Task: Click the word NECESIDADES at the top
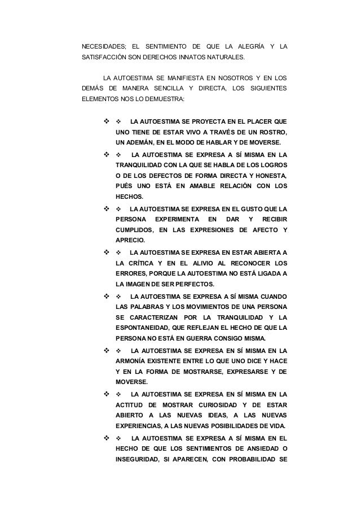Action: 103,46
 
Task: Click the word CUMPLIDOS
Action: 134,230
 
